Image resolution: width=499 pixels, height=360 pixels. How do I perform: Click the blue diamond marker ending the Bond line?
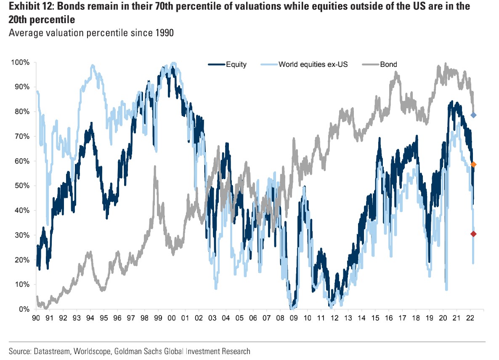473,115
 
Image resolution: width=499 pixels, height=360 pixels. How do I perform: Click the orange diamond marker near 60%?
473,164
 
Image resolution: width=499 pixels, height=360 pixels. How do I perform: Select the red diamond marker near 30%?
473,234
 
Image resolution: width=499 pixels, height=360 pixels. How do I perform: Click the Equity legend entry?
227,64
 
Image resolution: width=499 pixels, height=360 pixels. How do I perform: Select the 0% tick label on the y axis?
24,309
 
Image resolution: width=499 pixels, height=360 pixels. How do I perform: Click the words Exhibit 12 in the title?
25,7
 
